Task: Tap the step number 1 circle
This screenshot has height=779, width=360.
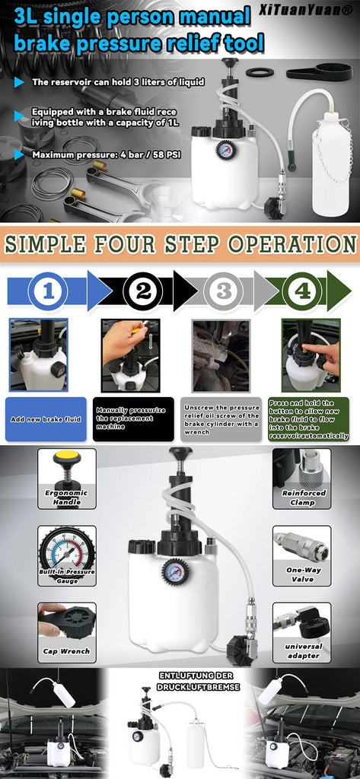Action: (x=48, y=291)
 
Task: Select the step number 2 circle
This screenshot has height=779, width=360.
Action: (x=142, y=291)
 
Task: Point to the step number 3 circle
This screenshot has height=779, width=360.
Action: (x=223, y=291)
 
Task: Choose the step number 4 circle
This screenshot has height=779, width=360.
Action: (x=302, y=291)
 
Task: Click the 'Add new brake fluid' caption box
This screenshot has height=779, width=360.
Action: (x=46, y=419)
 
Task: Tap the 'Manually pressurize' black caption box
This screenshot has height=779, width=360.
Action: (x=133, y=419)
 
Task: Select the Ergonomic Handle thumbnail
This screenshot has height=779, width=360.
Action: (x=67, y=479)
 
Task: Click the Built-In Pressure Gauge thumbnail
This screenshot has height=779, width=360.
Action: (x=67, y=556)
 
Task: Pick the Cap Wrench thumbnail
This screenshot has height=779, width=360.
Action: (x=67, y=632)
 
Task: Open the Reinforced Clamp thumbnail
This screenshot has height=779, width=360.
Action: (x=302, y=479)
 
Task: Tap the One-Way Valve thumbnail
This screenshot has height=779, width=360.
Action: (x=302, y=556)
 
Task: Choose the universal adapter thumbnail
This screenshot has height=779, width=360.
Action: (x=302, y=632)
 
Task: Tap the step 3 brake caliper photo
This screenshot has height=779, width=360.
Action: (x=221, y=355)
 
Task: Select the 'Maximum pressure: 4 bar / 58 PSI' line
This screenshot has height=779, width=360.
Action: (x=107, y=155)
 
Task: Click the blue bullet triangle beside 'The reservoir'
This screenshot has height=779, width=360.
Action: (x=19, y=82)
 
